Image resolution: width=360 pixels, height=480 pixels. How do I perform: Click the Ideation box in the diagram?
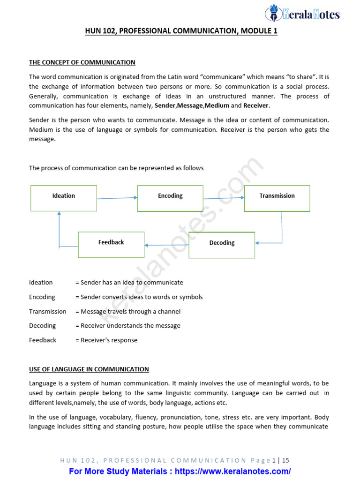coord(64,198)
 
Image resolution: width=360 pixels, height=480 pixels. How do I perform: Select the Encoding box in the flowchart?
coord(170,198)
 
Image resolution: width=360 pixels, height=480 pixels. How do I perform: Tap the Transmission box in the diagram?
coord(277,198)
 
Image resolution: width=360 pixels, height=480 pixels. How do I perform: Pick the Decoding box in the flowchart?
coord(222,245)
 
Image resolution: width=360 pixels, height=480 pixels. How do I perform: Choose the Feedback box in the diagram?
coord(111,244)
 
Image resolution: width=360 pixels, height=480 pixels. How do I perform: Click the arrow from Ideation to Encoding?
coord(117,198)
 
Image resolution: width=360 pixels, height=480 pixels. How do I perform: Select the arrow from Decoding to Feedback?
coord(166,245)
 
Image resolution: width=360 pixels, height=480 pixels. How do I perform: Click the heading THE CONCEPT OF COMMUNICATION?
coord(82,62)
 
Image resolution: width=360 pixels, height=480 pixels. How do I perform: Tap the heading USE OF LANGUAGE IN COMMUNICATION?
coord(89,369)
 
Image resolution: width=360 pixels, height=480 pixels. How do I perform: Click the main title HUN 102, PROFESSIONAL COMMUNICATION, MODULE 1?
coord(181,32)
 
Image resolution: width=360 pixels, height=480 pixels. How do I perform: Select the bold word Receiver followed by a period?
coord(256,106)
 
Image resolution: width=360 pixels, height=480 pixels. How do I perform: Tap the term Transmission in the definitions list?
coord(48,311)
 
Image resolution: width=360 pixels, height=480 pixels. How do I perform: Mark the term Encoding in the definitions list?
coord(42,297)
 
